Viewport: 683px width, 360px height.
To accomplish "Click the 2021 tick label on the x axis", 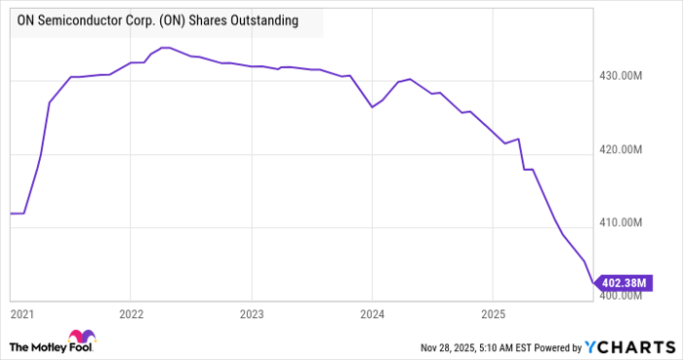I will point(21,314).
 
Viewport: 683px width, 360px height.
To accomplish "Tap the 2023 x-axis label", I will point(252,314).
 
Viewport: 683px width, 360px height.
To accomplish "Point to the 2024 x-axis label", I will point(372,314).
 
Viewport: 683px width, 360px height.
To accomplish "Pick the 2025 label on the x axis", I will point(493,314).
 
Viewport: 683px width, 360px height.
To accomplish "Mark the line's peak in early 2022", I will point(166,47).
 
